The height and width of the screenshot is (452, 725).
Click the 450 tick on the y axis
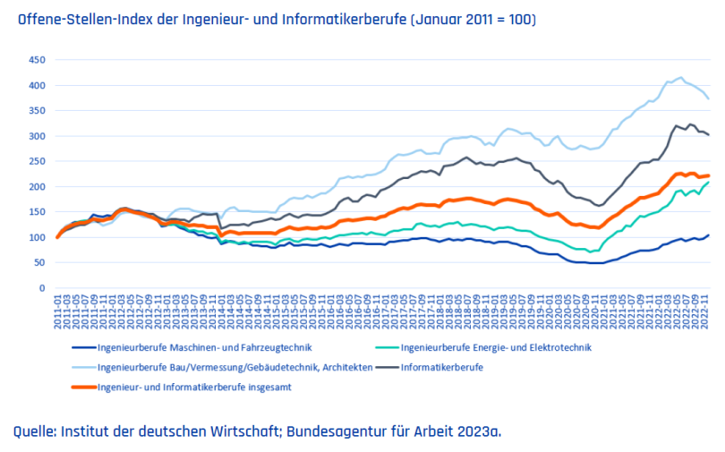pos(36,60)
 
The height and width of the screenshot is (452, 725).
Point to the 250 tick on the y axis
pos(36,162)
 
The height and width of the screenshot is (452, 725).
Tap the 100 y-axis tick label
pos(36,238)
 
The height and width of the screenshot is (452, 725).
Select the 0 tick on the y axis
pos(41,289)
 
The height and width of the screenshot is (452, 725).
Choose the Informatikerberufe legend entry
pos(442,367)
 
